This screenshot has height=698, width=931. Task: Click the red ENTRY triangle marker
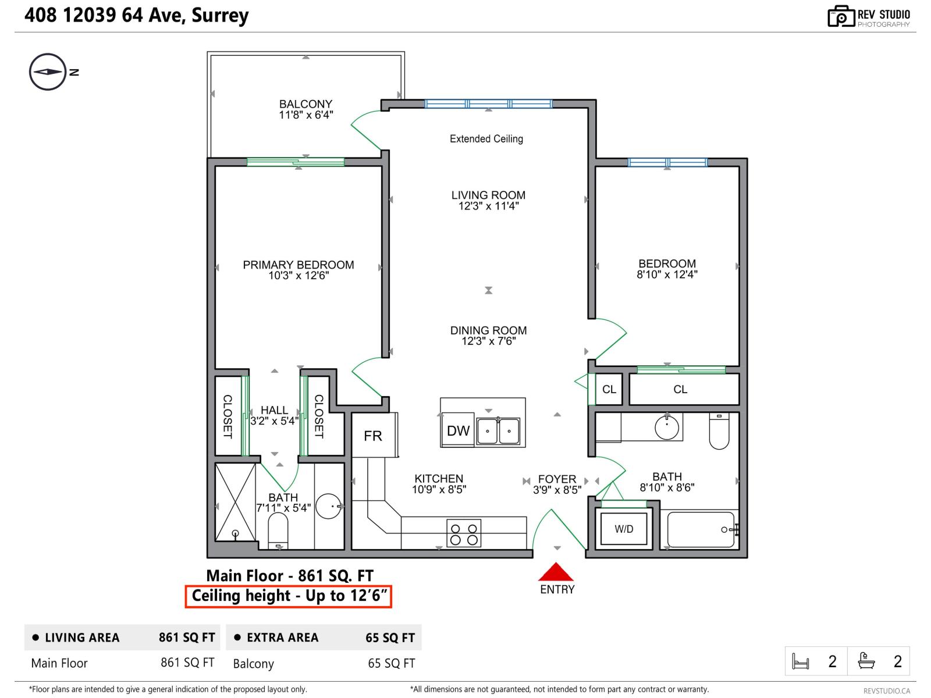[x=556, y=573]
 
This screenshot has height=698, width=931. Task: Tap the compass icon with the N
[x=48, y=72]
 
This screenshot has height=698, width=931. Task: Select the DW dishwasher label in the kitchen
[x=458, y=431]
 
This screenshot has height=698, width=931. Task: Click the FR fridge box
[x=374, y=436]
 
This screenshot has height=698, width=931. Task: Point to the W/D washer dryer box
[x=624, y=529]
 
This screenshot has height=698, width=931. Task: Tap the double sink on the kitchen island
[x=498, y=431]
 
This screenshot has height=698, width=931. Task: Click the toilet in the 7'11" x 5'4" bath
[x=278, y=530]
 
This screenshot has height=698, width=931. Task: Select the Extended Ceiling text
[x=486, y=139]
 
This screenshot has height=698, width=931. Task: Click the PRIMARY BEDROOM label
[x=299, y=265]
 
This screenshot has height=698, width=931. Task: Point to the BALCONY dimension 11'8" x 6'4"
[x=305, y=115]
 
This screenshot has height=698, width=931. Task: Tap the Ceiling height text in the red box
[x=289, y=596]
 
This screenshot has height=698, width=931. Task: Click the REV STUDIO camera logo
[x=841, y=16]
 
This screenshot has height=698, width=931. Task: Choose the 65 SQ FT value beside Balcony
[x=391, y=663]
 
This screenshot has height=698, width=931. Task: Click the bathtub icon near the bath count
[x=866, y=661]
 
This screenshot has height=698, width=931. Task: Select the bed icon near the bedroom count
[x=801, y=661]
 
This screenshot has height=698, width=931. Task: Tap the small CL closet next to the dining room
[x=609, y=389]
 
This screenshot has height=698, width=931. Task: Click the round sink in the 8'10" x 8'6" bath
[x=667, y=428]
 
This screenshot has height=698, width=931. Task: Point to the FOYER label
[x=557, y=479]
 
